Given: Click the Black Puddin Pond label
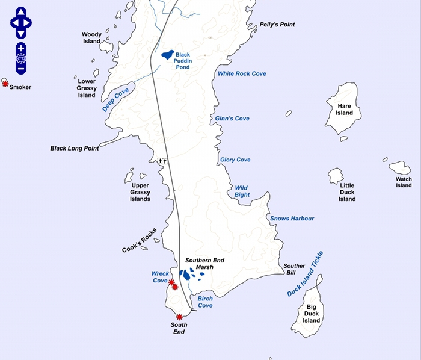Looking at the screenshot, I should pyautogui.click(x=183, y=61).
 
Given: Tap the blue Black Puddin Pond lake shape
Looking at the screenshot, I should pyautogui.click(x=168, y=55).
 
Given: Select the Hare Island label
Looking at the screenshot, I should pyautogui.click(x=345, y=109).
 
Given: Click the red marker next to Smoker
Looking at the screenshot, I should pyautogui.click(x=5, y=84).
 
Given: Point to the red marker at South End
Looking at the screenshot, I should pyautogui.click(x=179, y=317).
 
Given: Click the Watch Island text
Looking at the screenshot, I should pyautogui.click(x=404, y=182).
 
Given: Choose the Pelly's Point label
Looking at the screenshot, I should pyautogui.click(x=277, y=25).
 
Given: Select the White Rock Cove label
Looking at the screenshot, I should pyautogui.click(x=242, y=73).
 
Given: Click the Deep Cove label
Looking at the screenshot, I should pyautogui.click(x=115, y=101).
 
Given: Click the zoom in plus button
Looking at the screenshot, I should pyautogui.click(x=21, y=48).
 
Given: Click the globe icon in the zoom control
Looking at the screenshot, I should pyautogui.click(x=21, y=58).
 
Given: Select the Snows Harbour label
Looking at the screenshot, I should pyautogui.click(x=292, y=218).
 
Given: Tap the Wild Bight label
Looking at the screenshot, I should pyautogui.click(x=242, y=191).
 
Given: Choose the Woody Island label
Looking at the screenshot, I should pyautogui.click(x=92, y=38).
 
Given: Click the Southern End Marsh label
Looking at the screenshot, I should pyautogui.click(x=204, y=264).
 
